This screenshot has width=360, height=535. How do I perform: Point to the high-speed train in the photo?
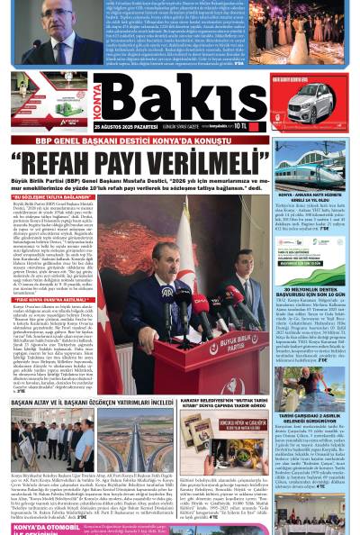pyautogui.click(x=310, y=168)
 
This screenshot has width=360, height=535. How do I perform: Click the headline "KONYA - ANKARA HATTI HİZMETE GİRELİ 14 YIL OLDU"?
pyautogui.click(x=309, y=198)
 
